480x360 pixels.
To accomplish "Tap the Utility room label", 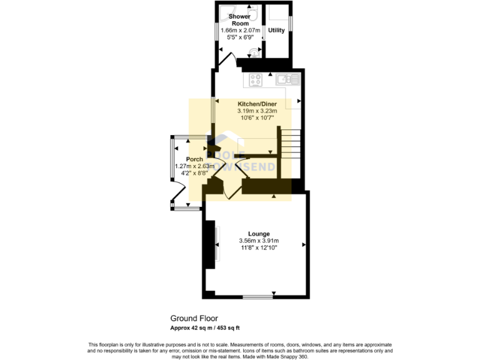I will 276,30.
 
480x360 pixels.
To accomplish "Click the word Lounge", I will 258,234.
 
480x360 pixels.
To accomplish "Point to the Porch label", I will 186,159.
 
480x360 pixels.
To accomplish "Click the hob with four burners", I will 256,79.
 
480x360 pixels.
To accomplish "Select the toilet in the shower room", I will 254,52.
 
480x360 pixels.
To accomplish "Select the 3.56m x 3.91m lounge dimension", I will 258,241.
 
